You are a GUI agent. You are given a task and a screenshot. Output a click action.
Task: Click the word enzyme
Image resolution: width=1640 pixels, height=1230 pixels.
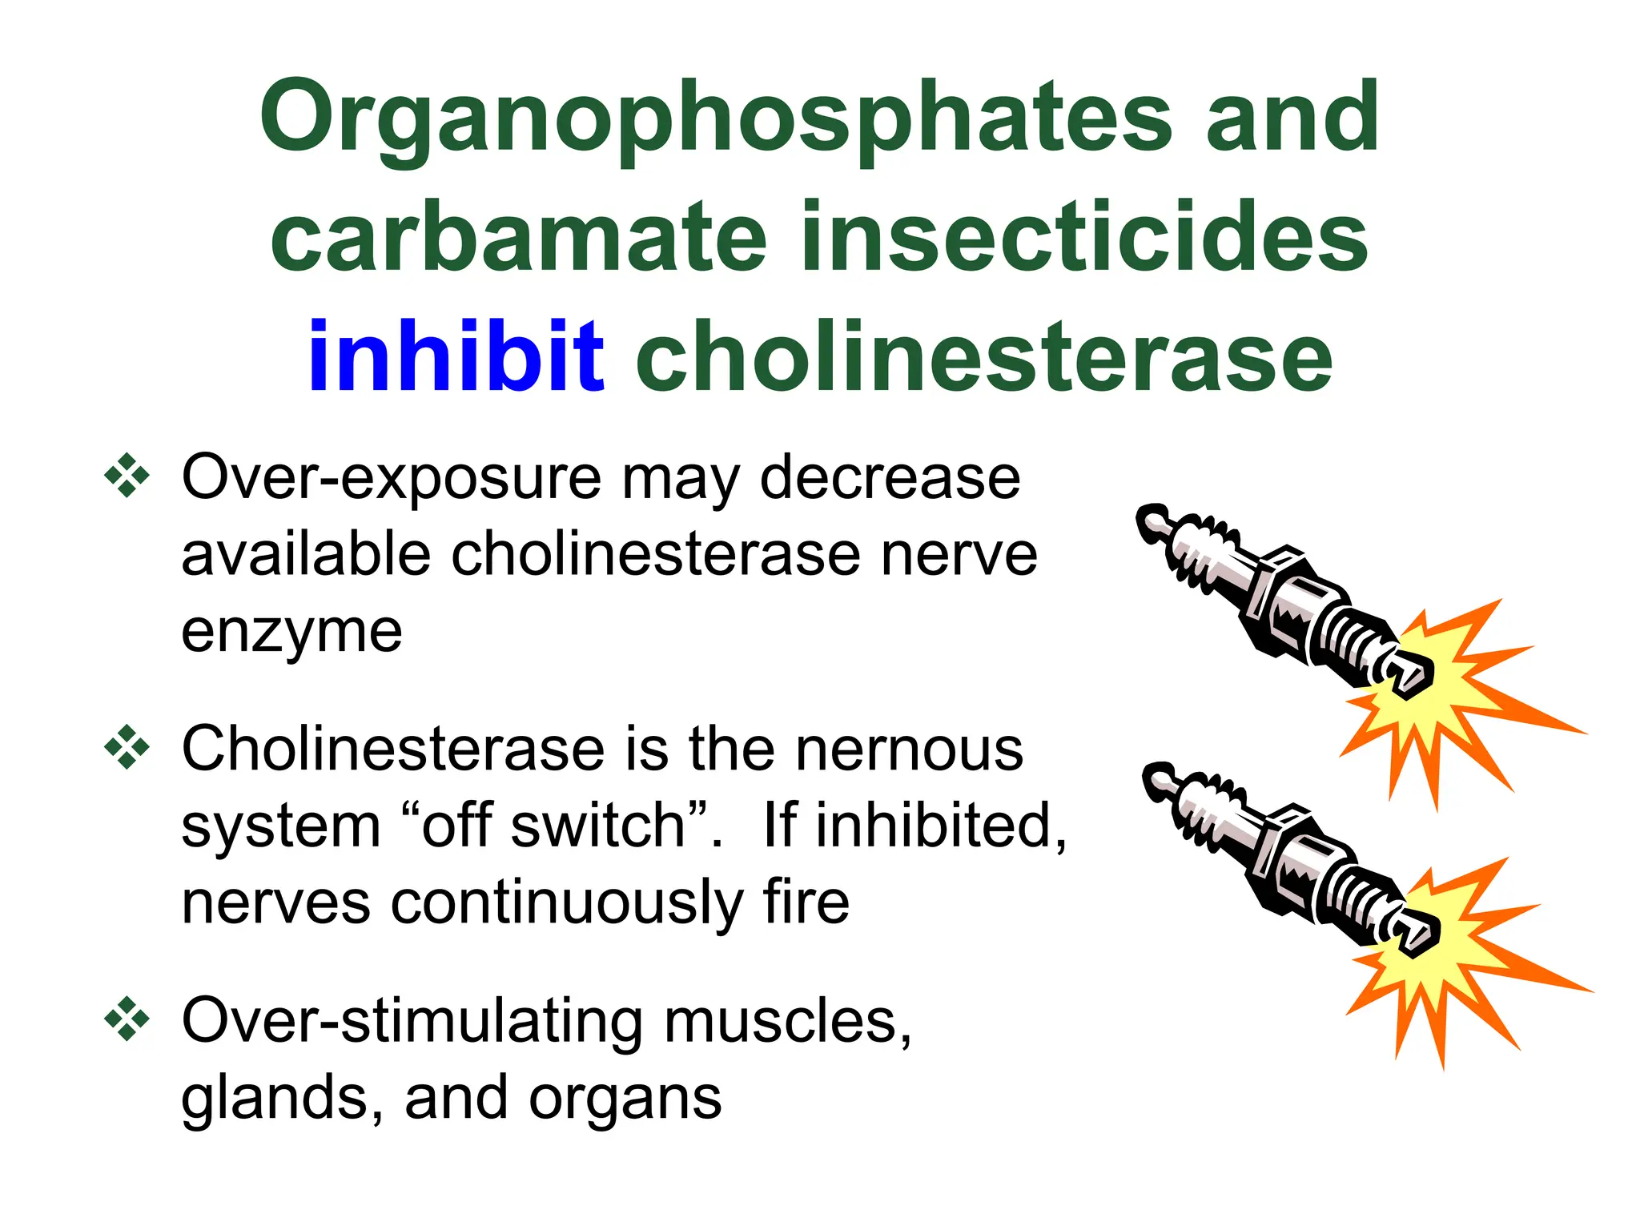coord(291,633)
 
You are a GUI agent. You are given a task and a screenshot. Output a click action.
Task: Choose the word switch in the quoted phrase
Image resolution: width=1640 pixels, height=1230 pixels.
coord(597,826)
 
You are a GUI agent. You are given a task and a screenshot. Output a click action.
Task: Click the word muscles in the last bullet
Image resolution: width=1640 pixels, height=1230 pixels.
coord(788,1022)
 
